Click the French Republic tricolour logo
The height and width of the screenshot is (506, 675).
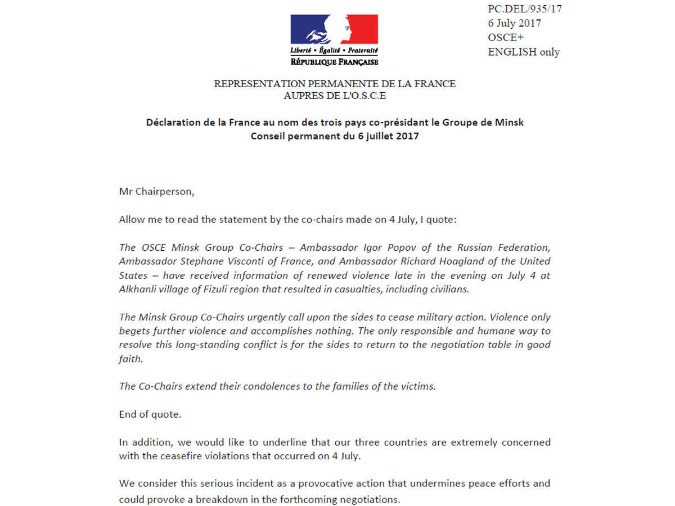pos(334,30)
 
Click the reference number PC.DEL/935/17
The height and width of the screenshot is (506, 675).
pos(524,9)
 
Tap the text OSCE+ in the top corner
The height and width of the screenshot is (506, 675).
pos(506,38)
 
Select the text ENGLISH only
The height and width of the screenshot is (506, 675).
pos(524,52)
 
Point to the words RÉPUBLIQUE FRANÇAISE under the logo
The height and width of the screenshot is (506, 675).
pos(334,62)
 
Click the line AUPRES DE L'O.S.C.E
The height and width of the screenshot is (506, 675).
pos(335,96)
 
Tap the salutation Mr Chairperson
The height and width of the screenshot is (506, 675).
pos(156,191)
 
